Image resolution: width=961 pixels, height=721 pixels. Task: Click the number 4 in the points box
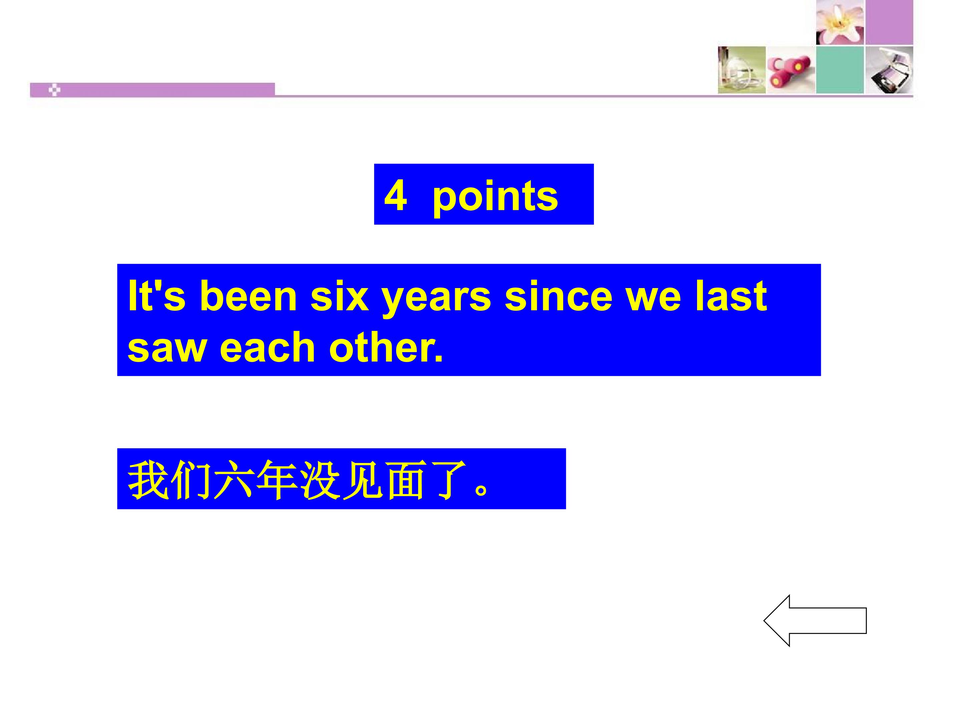point(395,196)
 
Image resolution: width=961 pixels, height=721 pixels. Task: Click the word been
point(249,296)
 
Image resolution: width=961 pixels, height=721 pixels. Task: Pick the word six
point(339,296)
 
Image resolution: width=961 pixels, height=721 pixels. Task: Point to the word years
point(436,300)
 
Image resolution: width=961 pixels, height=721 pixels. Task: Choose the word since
point(558,296)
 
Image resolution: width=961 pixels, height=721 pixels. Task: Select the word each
point(267,348)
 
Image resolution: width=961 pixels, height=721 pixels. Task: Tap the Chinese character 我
point(148,480)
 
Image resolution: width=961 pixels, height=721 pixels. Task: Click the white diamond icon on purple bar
point(54,90)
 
